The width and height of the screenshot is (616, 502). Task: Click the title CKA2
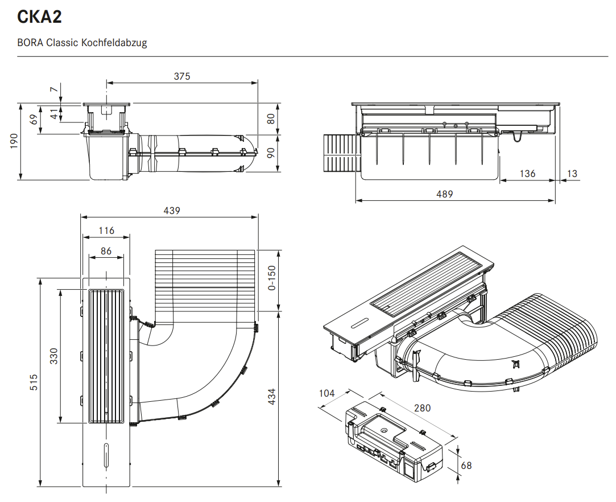tap(40, 17)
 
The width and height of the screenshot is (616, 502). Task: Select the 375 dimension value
tap(182, 76)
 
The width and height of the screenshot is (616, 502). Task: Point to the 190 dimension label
tap(14, 141)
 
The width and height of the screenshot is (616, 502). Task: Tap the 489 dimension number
tap(444, 194)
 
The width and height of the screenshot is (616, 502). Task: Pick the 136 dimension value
tap(527, 173)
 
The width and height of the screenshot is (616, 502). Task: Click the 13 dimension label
tap(572, 173)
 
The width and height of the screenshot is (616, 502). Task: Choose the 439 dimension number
tap(172, 211)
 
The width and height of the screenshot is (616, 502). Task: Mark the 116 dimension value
tap(106, 231)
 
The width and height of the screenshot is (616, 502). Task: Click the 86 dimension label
tap(106, 251)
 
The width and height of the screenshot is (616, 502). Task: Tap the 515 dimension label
tap(34, 381)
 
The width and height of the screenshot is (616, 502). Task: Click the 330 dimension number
tap(54, 356)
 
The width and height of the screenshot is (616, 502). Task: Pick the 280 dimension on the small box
tap(422, 408)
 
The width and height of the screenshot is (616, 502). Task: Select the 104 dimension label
tap(327, 393)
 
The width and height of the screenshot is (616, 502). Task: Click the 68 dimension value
tap(466, 466)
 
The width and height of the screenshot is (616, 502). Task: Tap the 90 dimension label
tap(271, 153)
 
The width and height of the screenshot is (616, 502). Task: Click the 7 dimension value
tap(54, 89)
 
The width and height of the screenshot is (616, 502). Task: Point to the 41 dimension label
tap(54, 114)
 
